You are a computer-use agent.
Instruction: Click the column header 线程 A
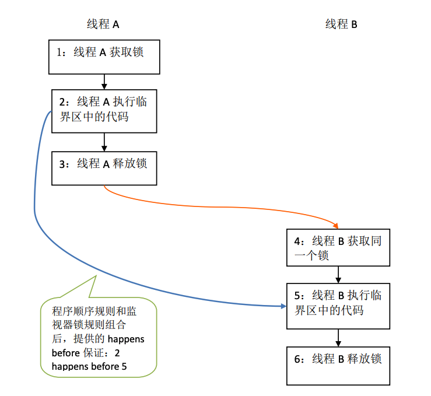103,24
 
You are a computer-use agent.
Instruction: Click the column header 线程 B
341,24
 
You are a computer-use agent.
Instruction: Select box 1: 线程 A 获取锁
104,57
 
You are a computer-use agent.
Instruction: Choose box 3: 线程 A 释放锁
104,168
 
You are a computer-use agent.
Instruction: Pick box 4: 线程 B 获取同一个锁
338,247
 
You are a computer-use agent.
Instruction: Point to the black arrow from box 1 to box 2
104,80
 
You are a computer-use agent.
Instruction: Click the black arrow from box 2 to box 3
104,141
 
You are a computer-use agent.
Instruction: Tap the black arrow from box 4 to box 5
338,274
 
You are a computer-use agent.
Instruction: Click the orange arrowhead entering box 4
337,226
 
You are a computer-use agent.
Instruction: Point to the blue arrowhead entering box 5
282,306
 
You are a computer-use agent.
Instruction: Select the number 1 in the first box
59,52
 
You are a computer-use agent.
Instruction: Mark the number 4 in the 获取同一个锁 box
297,241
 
